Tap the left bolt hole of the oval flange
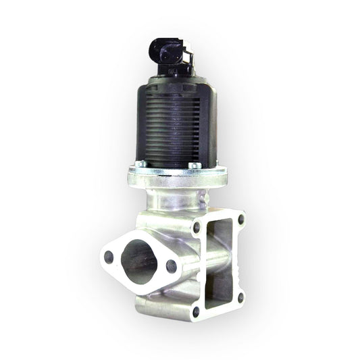tap(108, 255)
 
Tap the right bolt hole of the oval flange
tap(172, 265)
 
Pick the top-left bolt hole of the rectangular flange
tap(196, 228)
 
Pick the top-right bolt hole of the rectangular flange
tap(240, 218)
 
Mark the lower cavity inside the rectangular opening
tap(220, 290)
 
